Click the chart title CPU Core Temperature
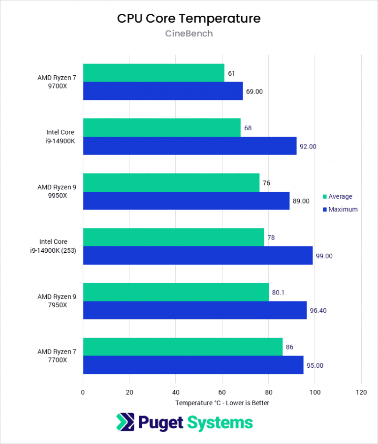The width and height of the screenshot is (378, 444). pos(189,19)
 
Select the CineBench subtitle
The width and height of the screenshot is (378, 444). pos(189,34)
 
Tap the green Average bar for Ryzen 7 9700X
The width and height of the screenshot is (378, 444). pos(154,73)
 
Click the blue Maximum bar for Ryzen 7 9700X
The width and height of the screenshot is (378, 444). pos(163,91)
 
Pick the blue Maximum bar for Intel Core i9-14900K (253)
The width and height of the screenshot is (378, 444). pos(198,256)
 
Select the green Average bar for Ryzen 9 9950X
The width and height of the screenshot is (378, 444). pos(171,182)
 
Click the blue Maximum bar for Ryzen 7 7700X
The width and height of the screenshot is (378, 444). pos(193,365)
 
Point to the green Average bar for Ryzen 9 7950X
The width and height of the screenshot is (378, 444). pos(176,292)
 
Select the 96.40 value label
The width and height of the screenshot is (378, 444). pos(319,311)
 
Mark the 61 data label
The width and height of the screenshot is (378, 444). pos(231,73)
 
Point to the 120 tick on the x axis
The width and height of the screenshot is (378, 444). pos(361,392)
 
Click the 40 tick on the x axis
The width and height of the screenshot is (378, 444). pos(176,392)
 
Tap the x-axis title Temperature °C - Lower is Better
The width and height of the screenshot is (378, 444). pos(222,403)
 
